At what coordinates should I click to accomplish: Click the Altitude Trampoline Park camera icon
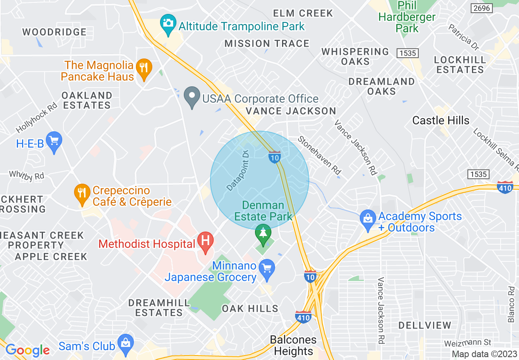(167, 22)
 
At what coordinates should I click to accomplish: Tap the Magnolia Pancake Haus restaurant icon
(143, 67)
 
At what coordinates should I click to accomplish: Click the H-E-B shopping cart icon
(54, 141)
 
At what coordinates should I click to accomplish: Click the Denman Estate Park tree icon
(263, 233)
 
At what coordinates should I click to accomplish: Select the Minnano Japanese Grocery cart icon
(267, 269)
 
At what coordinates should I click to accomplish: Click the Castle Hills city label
(440, 120)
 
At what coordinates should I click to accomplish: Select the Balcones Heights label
(293, 345)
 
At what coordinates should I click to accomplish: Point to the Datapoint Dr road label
(238, 171)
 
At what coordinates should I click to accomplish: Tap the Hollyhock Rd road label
(37, 118)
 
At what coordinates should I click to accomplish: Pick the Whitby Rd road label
(27, 175)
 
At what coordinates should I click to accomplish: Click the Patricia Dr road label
(463, 36)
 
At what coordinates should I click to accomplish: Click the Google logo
(27, 350)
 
